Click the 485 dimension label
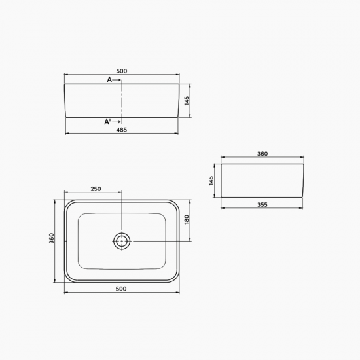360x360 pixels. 122,130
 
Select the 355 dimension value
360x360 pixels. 262,205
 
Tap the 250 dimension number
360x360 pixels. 96,189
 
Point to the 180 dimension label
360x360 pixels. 187,219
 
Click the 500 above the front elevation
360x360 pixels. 122,71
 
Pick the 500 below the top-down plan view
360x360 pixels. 121,289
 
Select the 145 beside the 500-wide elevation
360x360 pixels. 187,101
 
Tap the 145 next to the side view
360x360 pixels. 211,181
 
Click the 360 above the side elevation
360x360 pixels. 262,154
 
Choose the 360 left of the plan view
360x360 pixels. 52,238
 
